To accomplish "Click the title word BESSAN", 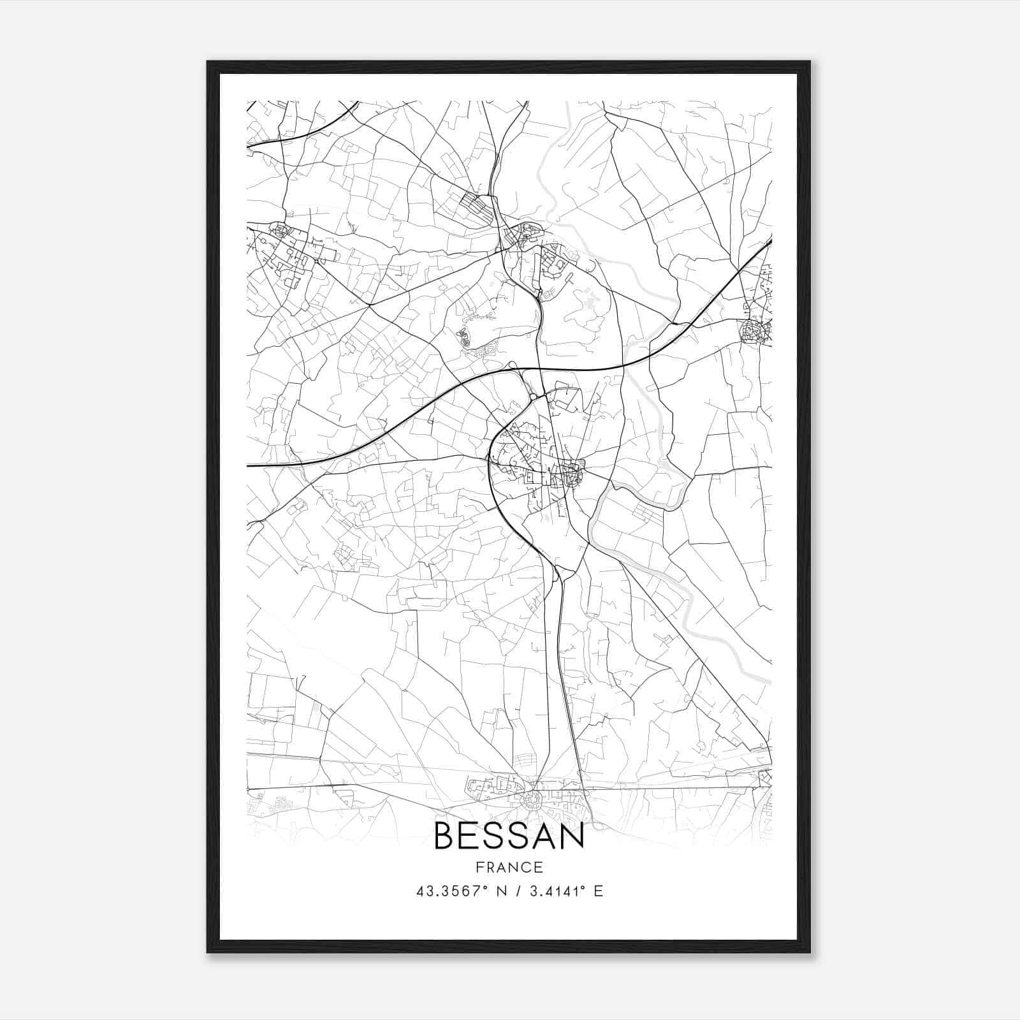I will click(x=509, y=836).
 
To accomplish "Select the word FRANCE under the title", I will click(x=509, y=867).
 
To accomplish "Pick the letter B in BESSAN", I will click(x=444, y=836).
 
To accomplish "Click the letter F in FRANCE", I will click(x=479, y=867).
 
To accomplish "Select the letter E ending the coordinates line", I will click(x=598, y=891).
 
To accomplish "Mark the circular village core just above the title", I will click(x=530, y=801).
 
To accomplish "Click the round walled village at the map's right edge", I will click(x=754, y=332).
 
